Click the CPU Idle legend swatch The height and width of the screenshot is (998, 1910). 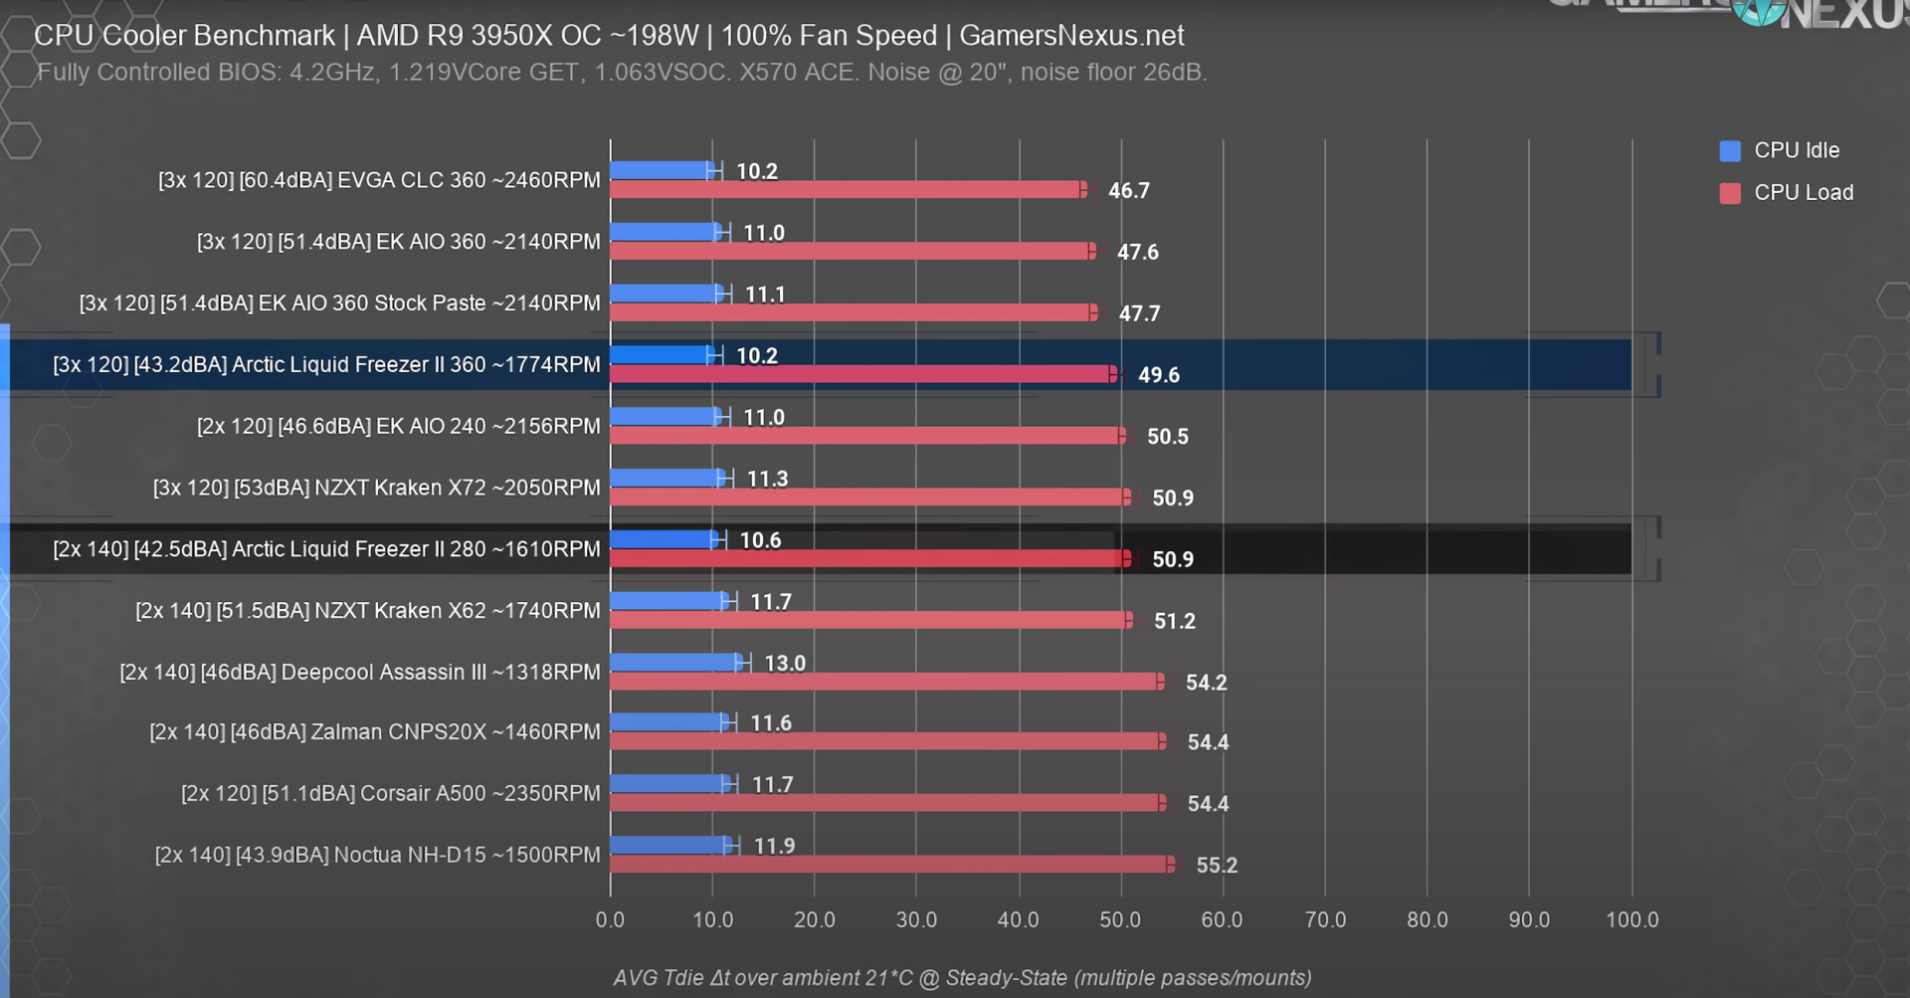pos(1730,151)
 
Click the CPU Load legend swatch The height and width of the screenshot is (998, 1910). pos(1730,193)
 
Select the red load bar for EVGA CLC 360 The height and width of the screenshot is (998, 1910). pos(846,190)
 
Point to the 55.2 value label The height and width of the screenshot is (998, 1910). pos(1217,866)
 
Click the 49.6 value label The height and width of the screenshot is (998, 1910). pos(1159,375)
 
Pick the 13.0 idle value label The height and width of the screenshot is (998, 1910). pos(785,664)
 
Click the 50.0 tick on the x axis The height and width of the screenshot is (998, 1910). pos(1120,920)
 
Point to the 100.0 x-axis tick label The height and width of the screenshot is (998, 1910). pos(1631,920)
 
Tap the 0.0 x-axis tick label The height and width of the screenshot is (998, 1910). pos(610,920)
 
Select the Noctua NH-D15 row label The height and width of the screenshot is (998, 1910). pos(378,855)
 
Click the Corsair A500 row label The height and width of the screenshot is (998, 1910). pos(391,793)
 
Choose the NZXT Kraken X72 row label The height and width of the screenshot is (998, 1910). pos(377,488)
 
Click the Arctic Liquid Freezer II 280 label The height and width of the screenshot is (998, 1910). pos(327,549)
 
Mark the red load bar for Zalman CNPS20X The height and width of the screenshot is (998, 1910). pos(885,741)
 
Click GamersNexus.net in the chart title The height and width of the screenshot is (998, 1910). pos(1071,36)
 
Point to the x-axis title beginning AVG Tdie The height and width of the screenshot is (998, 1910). pos(962,978)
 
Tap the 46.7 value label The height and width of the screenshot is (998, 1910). pos(1129,191)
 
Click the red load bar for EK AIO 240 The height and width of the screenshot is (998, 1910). pos(865,436)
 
